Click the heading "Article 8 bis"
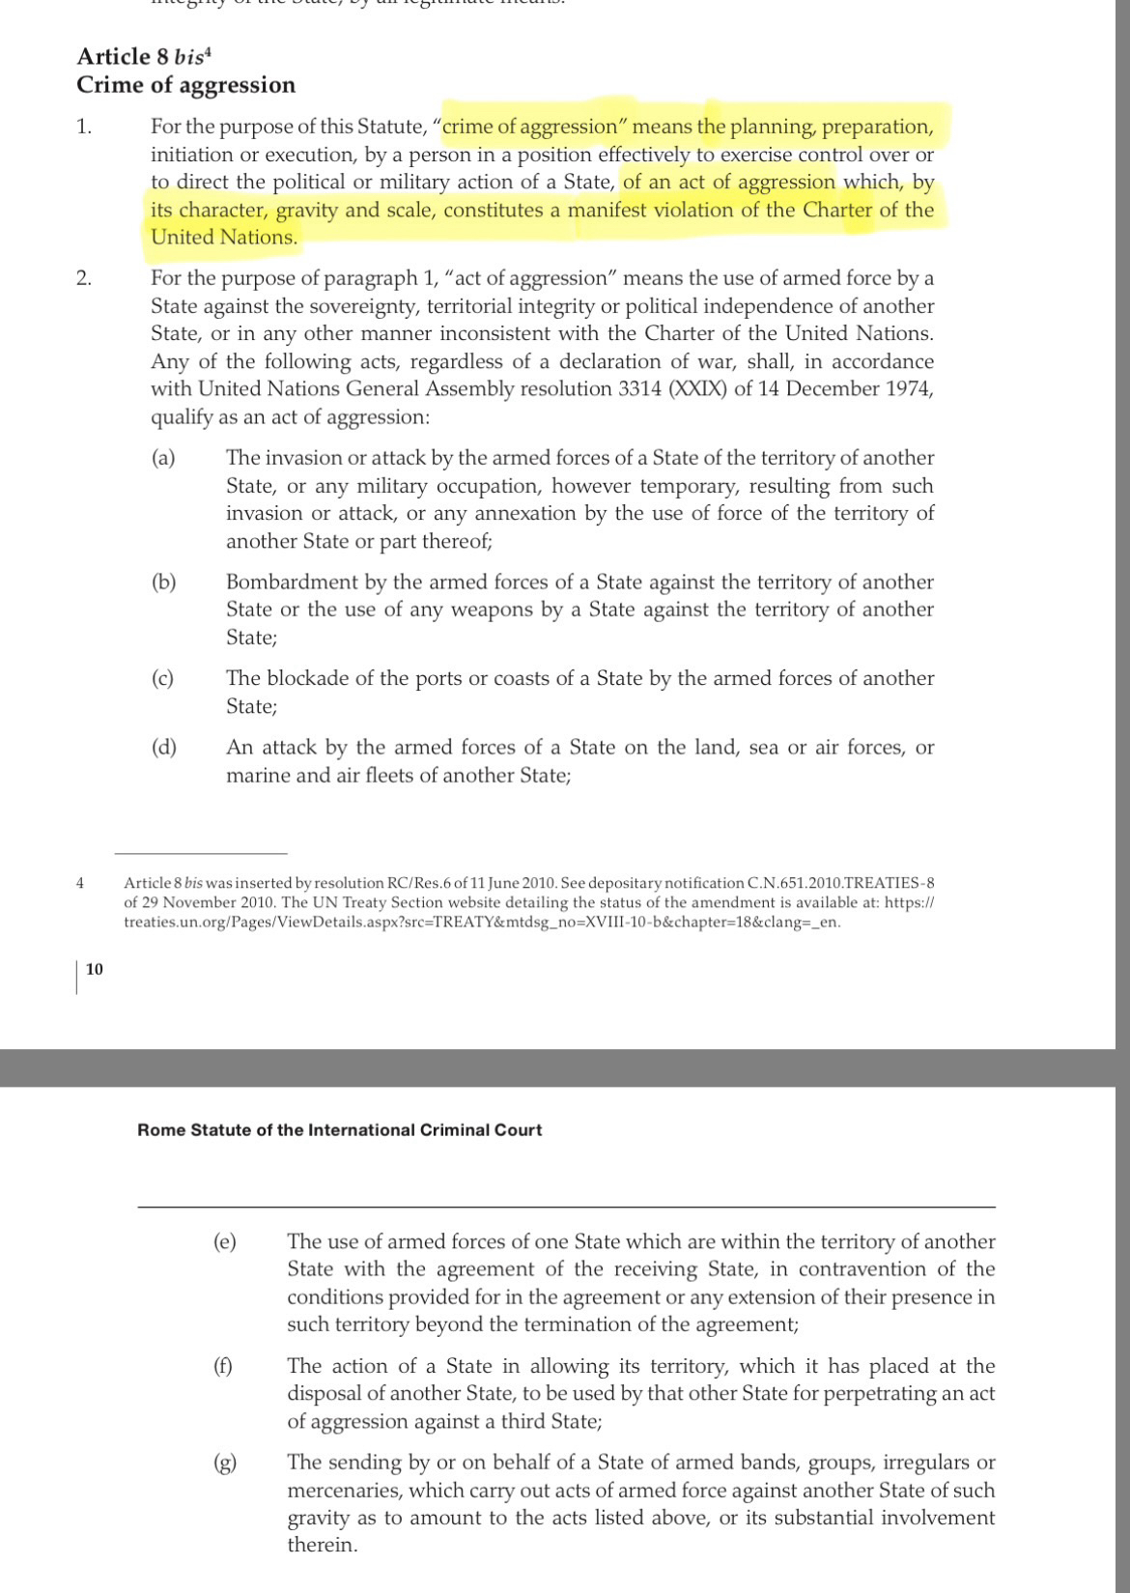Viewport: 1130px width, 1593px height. pyautogui.click(x=143, y=57)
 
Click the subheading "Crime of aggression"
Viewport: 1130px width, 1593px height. pyautogui.click(x=186, y=85)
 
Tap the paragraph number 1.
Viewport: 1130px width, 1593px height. pyautogui.click(x=84, y=127)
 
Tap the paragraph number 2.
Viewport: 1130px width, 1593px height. pyautogui.click(x=84, y=278)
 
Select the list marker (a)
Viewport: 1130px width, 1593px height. pyautogui.click(x=163, y=458)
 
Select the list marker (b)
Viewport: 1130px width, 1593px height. pyautogui.click(x=163, y=582)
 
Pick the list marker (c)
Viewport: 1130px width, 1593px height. pyautogui.click(x=163, y=678)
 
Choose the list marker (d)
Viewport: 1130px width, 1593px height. pyautogui.click(x=163, y=747)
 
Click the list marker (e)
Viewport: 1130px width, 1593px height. pyautogui.click(x=224, y=1241)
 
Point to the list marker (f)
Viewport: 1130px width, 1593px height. pyautogui.click(x=223, y=1366)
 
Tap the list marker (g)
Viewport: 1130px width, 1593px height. pyautogui.click(x=224, y=1463)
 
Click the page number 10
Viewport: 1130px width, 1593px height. pyautogui.click(x=95, y=969)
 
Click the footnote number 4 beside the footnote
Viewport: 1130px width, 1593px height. pyautogui.click(x=80, y=882)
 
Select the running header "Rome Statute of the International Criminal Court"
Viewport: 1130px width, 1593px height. pyautogui.click(x=340, y=1129)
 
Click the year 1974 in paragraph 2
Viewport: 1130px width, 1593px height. pyautogui.click(x=908, y=388)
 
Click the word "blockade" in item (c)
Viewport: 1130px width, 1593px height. pyautogui.click(x=308, y=678)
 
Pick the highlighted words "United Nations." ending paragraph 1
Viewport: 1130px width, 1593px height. pyautogui.click(x=224, y=238)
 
